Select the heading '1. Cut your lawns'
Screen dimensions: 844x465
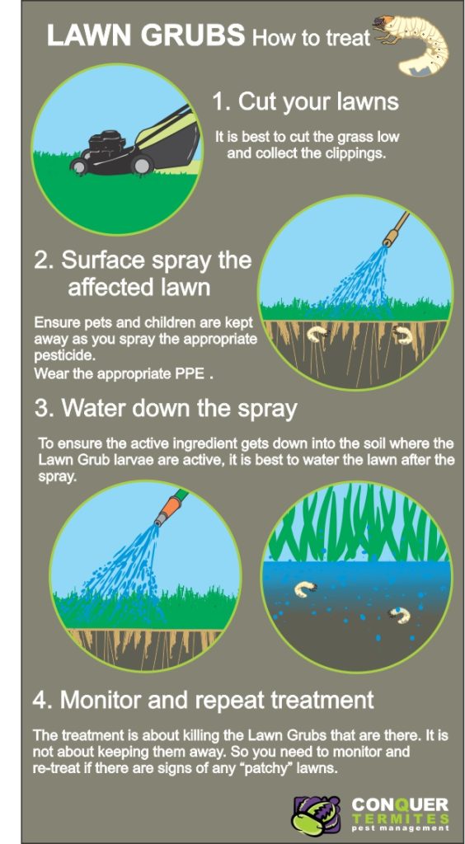[x=305, y=101]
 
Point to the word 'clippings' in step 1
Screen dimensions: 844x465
[x=352, y=153]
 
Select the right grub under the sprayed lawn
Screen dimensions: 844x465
[x=402, y=333]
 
